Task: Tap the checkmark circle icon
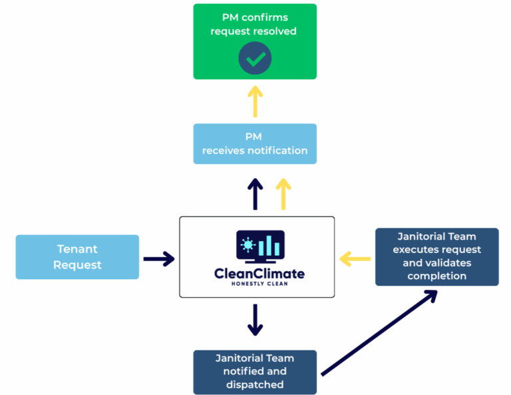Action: [255, 59]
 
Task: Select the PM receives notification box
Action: [255, 143]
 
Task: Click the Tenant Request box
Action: [77, 256]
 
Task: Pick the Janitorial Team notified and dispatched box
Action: [255, 372]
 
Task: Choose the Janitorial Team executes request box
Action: [436, 256]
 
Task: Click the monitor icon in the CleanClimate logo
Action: [260, 246]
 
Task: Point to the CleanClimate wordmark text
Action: [259, 273]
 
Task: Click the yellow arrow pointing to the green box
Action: [255, 101]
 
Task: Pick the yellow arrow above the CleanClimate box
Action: [283, 193]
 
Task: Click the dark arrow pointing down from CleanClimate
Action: [255, 320]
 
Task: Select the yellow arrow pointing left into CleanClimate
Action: [355, 258]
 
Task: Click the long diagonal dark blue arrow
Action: [379, 332]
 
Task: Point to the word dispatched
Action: [255, 384]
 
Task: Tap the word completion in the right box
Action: [436, 275]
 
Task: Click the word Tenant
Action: [77, 249]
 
